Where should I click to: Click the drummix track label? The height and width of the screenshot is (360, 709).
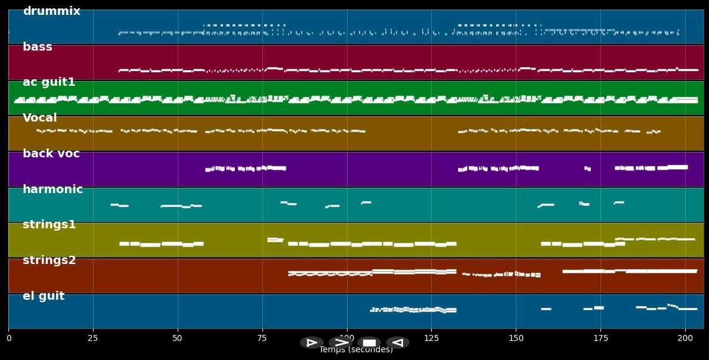click(x=51, y=11)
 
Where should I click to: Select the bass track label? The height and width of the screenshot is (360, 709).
click(x=38, y=47)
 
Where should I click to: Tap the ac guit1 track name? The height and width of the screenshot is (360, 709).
click(x=49, y=82)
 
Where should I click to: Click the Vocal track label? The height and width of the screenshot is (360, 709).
click(x=40, y=118)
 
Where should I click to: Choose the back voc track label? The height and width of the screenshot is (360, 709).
click(x=51, y=154)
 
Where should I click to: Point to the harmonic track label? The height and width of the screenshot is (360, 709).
click(x=52, y=190)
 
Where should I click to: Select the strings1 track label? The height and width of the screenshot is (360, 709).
click(x=49, y=225)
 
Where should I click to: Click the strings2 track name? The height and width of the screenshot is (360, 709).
click(x=49, y=260)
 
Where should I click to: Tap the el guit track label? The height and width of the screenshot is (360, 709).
click(x=44, y=296)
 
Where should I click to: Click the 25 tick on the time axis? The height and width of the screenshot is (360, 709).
click(x=93, y=338)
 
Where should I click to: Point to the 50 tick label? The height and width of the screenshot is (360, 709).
click(x=178, y=338)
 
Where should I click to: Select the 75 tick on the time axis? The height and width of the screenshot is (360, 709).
click(x=262, y=338)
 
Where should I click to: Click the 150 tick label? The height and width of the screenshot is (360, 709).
click(x=516, y=338)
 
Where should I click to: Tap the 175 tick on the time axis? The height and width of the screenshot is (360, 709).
click(x=601, y=338)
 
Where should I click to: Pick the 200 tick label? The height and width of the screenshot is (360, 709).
click(x=686, y=338)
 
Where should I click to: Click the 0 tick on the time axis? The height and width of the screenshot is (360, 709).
click(x=9, y=338)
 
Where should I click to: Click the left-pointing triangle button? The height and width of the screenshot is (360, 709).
click(x=398, y=343)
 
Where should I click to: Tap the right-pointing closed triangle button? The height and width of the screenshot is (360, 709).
click(x=312, y=343)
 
